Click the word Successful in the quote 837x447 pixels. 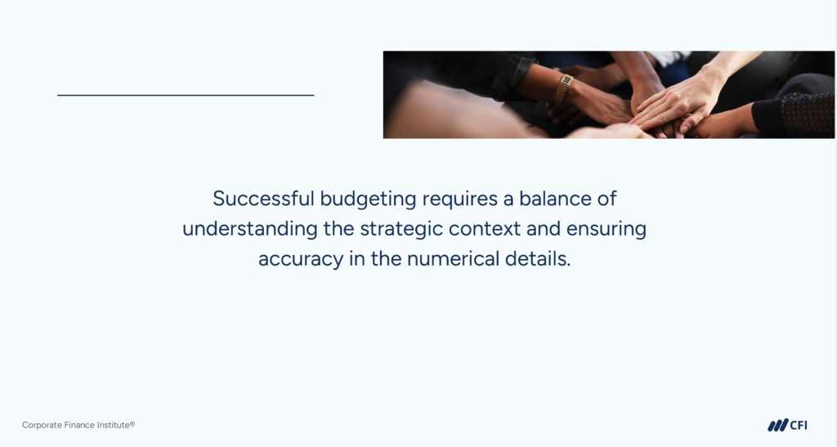pyautogui.click(x=262, y=199)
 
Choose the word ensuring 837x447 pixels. pyautogui.click(x=605, y=230)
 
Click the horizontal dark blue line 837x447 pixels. pyautogui.click(x=186, y=95)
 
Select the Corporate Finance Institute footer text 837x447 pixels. pyautogui.click(x=78, y=425)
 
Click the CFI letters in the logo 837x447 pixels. pyautogui.click(x=799, y=425)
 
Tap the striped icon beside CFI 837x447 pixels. pyautogui.click(x=777, y=425)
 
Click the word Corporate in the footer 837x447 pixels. pyautogui.click(x=41, y=425)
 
